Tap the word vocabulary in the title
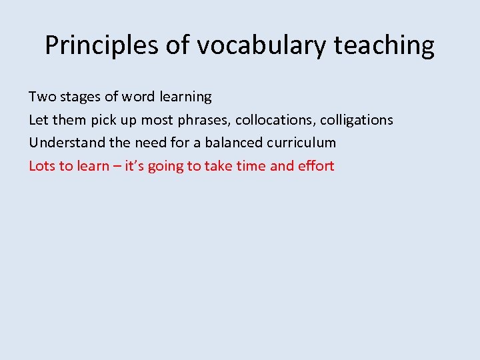[255, 45]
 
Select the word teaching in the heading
[384, 45]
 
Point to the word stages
[81, 97]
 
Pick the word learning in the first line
[185, 97]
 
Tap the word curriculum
[305, 143]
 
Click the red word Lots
[42, 165]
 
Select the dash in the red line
[109, 166]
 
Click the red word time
[251, 165]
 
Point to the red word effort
[317, 165]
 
